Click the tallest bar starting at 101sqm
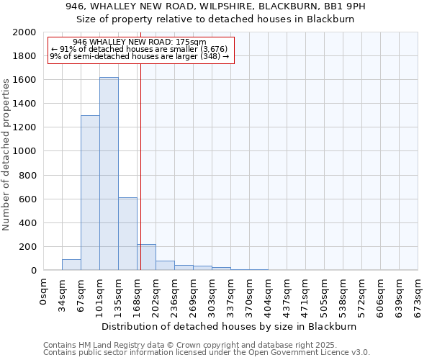pos(109,174)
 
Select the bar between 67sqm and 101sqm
pos(90,193)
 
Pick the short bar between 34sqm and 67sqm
pos(71,264)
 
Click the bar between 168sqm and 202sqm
pos(146,257)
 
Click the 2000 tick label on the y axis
pos(25,32)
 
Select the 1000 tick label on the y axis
pos(25,151)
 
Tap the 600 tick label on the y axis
pos(28,199)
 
